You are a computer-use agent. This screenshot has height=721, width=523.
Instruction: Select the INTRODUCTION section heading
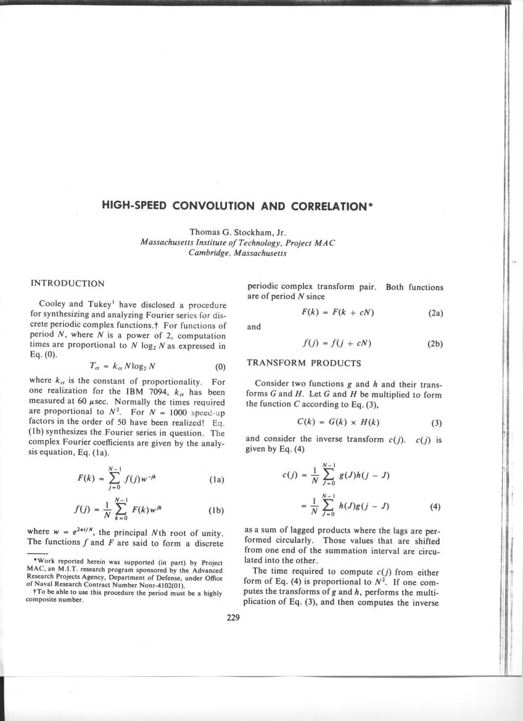click(x=67, y=283)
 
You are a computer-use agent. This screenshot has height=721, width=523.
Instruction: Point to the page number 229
click(x=233, y=618)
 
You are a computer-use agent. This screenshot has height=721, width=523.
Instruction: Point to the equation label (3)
click(x=437, y=423)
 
